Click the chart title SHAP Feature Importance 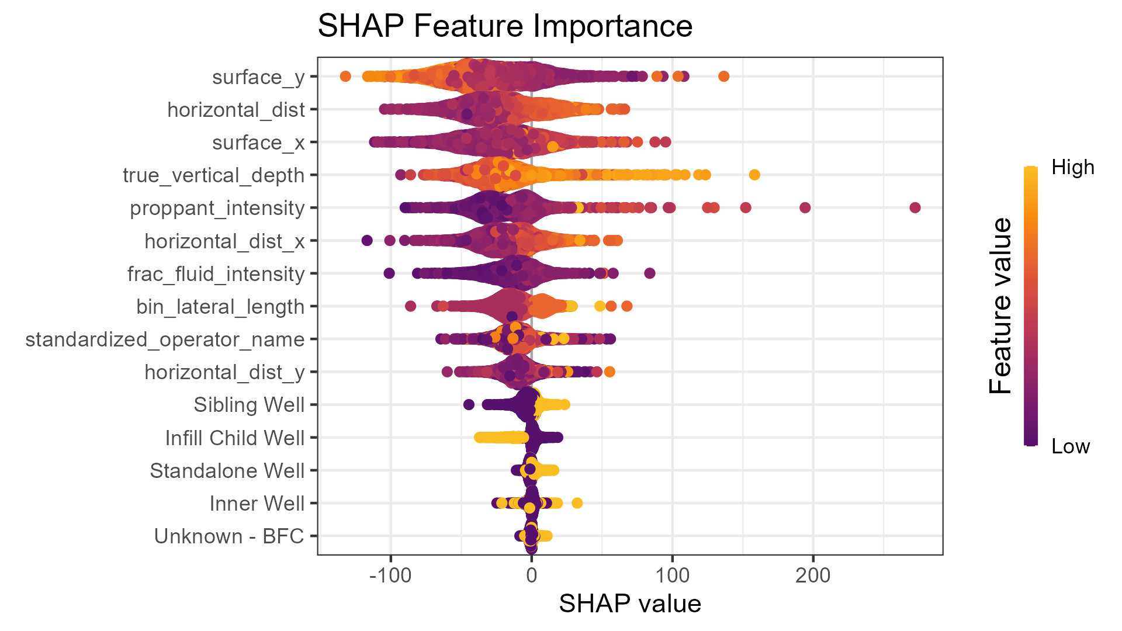pos(505,26)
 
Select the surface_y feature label pos(258,77)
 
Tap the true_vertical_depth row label pos(213,175)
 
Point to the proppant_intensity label pos(217,208)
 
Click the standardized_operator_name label pos(165,339)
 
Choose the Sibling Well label pos(249,405)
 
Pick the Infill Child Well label pos(234,438)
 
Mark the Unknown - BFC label pos(228,536)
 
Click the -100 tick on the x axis pos(390,576)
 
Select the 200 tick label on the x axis pos(813,576)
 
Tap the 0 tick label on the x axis pos(531,576)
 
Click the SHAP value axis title pos(630,604)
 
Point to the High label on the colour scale pos(1072,168)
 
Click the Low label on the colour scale pos(1070,447)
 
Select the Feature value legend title pos(1000,306)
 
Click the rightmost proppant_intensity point pos(915,207)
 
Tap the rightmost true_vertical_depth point pos(754,175)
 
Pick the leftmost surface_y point pos(345,77)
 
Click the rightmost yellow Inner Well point pos(577,503)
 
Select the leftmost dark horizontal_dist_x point pos(367,240)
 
